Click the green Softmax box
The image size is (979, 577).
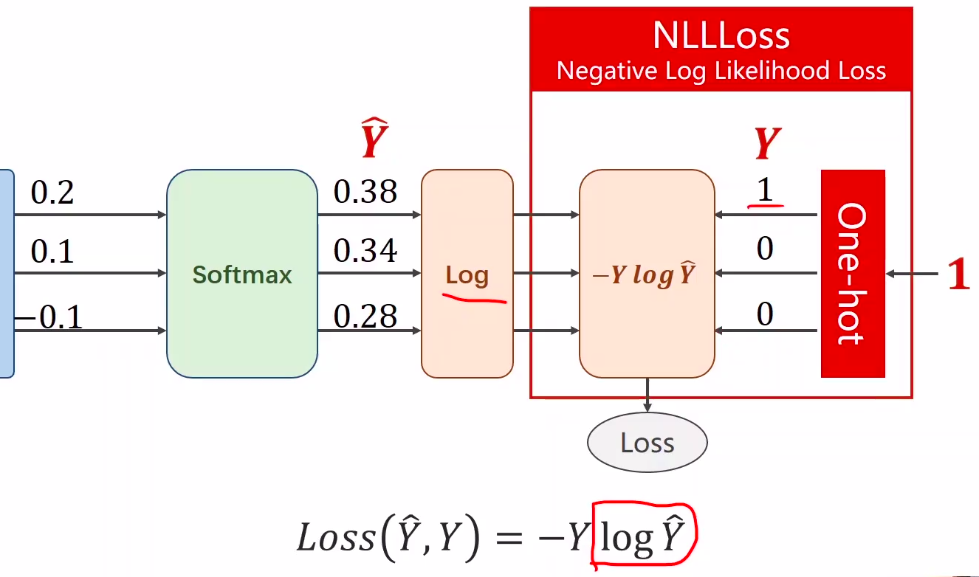pyautogui.click(x=242, y=274)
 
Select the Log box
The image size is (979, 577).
pyautogui.click(x=467, y=274)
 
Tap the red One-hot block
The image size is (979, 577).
pyautogui.click(x=852, y=274)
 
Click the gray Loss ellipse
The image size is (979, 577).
pyautogui.click(x=647, y=443)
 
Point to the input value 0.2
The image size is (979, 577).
pyautogui.click(x=52, y=193)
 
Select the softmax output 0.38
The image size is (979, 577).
pyautogui.click(x=365, y=193)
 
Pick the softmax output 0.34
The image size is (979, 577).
pyautogui.click(x=365, y=252)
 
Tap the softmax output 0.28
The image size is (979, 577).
pyautogui.click(x=365, y=317)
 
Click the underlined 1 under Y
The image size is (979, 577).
pyautogui.click(x=765, y=191)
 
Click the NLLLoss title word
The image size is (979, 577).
pyautogui.click(x=721, y=35)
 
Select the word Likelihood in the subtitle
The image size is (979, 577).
pyautogui.click(x=746, y=71)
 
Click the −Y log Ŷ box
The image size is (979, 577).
pyautogui.click(x=647, y=274)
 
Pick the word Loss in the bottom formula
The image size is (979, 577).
pyautogui.click(x=336, y=537)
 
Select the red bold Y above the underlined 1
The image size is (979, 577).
pyautogui.click(x=767, y=144)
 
